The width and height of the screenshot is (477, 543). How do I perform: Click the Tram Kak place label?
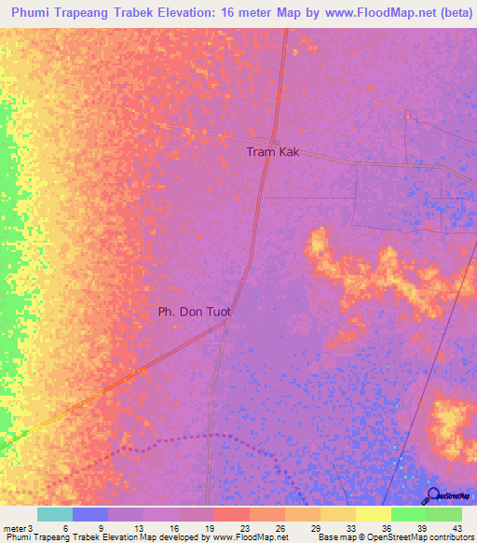click(272, 151)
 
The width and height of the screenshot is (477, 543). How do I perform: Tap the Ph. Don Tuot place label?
click(194, 313)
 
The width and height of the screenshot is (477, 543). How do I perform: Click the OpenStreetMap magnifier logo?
click(433, 496)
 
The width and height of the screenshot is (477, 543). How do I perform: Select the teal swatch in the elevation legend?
click(55, 514)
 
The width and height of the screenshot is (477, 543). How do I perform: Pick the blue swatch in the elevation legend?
click(90, 514)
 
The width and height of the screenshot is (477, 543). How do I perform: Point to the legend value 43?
click(455, 528)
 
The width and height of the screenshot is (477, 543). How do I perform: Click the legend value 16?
click(174, 528)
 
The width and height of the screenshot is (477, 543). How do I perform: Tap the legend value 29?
click(315, 528)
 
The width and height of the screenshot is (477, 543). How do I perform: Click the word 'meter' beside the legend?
click(14, 528)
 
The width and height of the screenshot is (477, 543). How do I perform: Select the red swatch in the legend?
click(232, 514)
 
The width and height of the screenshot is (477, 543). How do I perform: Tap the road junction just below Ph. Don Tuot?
click(225, 328)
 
